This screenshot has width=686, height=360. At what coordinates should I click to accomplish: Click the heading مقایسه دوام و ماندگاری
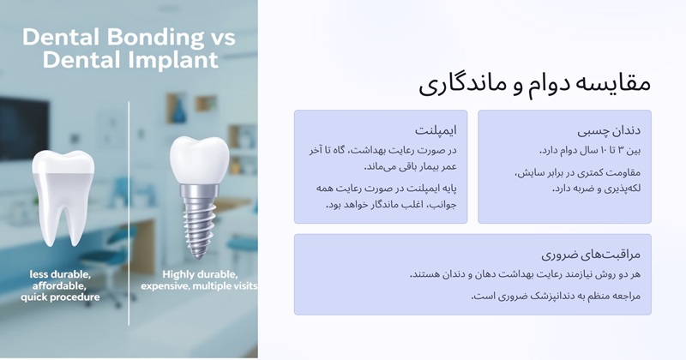[x=535, y=83]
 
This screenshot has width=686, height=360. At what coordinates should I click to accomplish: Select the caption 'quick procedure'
[x=60, y=297]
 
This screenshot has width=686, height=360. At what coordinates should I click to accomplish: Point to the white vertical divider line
[x=129, y=214]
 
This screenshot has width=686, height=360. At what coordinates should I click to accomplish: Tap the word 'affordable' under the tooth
[x=60, y=285]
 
